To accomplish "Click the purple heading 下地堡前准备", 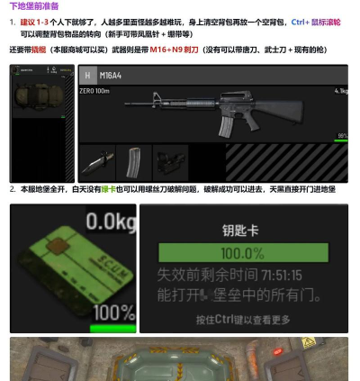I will click(x=33, y=6).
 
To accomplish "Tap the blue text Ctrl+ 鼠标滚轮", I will click(x=316, y=21).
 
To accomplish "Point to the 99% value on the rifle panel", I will click(x=343, y=136).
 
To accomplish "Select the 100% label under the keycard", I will click(x=112, y=313).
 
